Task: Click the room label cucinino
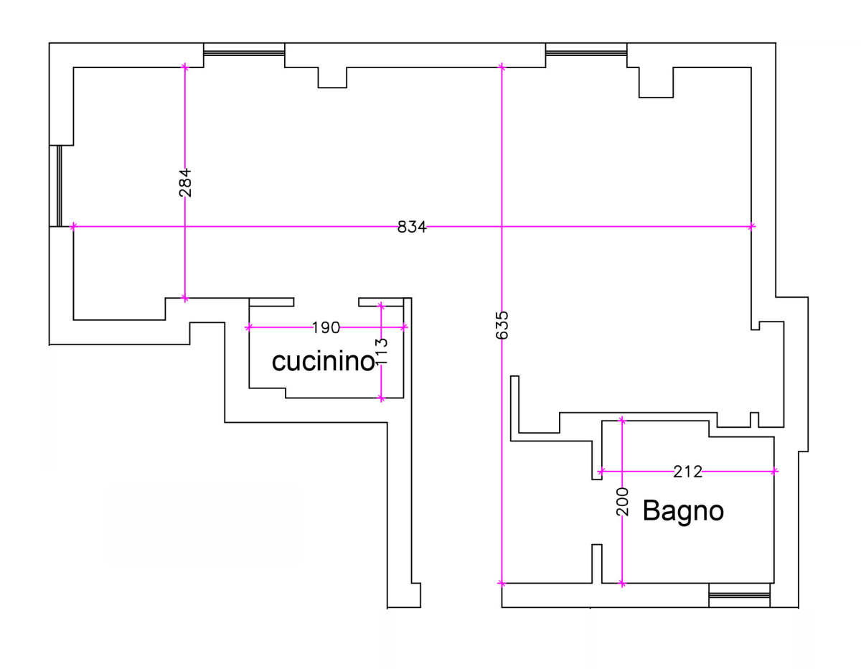click(x=323, y=362)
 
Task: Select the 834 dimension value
click(x=412, y=227)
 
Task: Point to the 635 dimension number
click(x=502, y=325)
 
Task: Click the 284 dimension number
click(x=185, y=183)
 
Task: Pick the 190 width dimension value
click(x=326, y=328)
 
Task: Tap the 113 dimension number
click(x=381, y=352)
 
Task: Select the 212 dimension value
click(x=688, y=472)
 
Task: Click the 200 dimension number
click(x=623, y=502)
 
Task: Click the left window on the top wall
click(x=244, y=52)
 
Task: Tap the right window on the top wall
click(x=586, y=52)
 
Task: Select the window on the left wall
click(x=59, y=186)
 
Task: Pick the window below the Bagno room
click(x=739, y=595)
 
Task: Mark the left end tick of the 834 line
click(x=73, y=227)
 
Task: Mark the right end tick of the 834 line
click(x=752, y=227)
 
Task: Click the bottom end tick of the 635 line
click(x=502, y=583)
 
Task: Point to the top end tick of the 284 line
click(x=185, y=67)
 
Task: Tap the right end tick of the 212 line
click(x=775, y=471)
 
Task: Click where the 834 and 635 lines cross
click(x=502, y=227)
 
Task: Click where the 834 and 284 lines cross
click(x=185, y=227)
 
